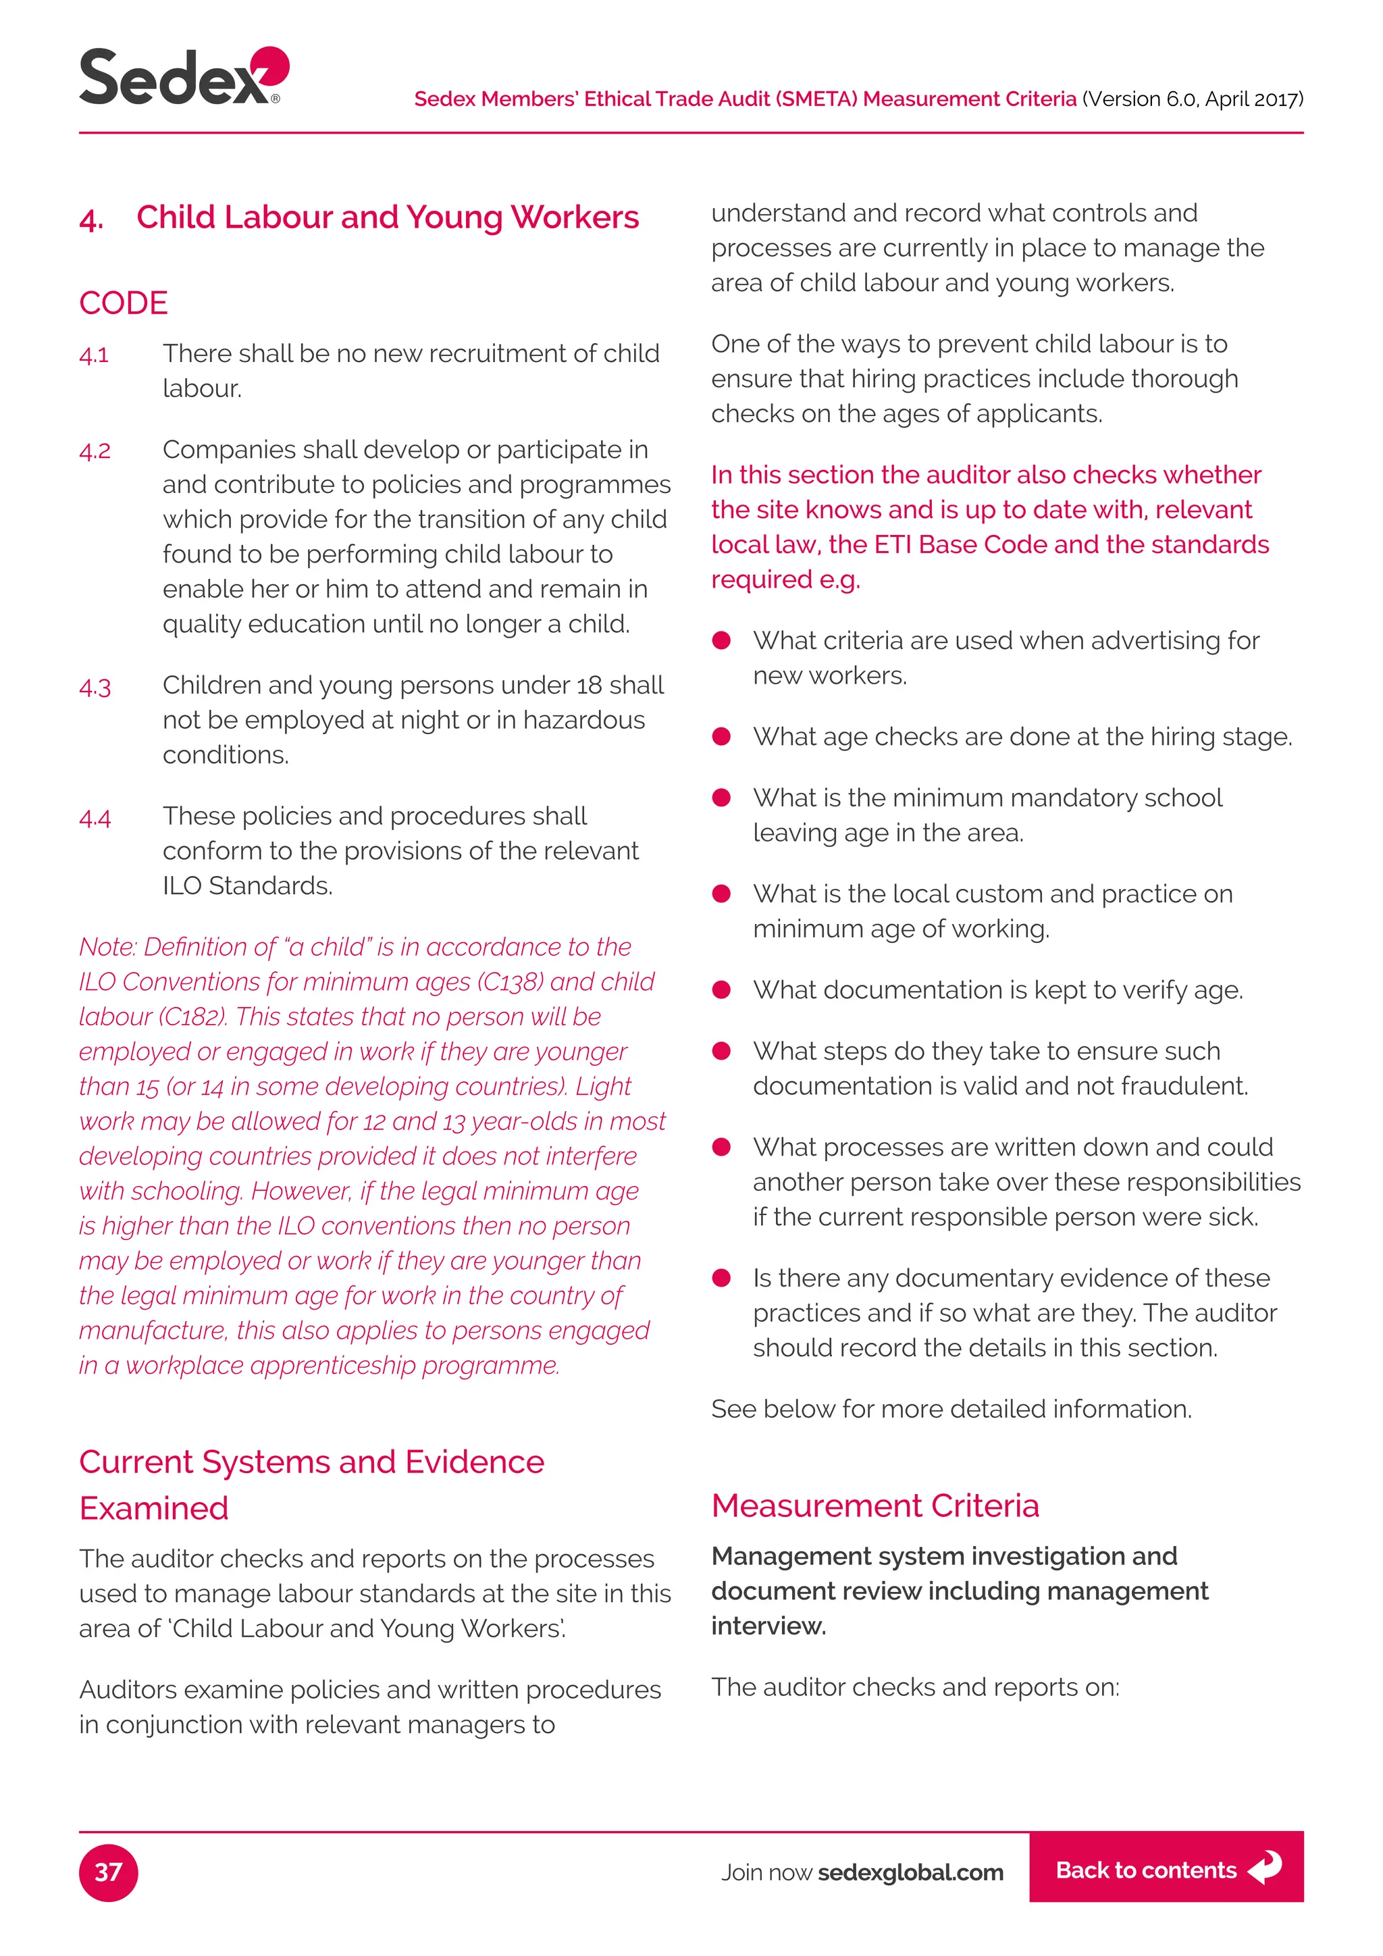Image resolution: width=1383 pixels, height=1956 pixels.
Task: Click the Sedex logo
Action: coord(183,77)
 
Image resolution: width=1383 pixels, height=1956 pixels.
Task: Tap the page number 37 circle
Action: coord(108,1872)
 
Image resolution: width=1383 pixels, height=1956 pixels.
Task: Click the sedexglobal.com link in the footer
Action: coord(910,1872)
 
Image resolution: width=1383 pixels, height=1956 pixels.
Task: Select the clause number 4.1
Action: coord(94,355)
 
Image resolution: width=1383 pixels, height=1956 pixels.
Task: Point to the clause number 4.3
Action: coord(95,687)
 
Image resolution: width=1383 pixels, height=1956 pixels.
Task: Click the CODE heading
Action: coord(124,303)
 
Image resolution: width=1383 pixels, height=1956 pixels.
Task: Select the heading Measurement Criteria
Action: coord(875,1505)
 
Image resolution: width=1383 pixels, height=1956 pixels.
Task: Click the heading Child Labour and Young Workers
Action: coord(388,217)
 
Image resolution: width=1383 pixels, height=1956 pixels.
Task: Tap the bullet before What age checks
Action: coord(721,737)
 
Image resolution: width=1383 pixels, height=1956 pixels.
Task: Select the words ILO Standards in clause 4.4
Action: coord(247,886)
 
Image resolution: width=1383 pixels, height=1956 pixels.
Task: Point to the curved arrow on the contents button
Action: coord(1265,1868)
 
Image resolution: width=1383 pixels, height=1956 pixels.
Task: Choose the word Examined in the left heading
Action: coord(154,1508)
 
